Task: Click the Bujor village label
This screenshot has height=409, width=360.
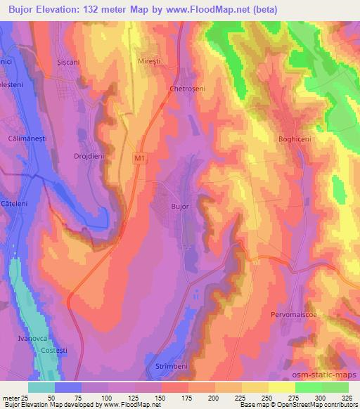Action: pyautogui.click(x=181, y=207)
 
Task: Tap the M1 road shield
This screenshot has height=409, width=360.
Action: pyautogui.click(x=140, y=160)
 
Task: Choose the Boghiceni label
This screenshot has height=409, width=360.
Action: pyautogui.click(x=295, y=138)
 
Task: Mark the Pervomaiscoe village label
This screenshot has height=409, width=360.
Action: pyautogui.click(x=294, y=315)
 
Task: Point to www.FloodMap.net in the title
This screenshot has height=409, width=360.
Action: pyautogui.click(x=212, y=9)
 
